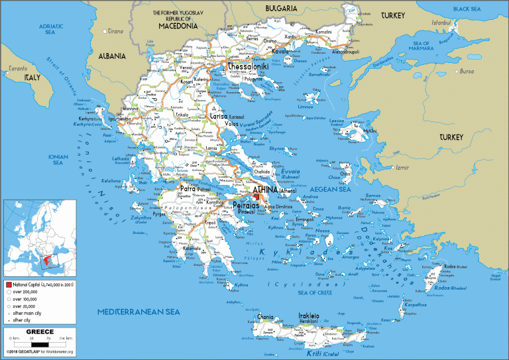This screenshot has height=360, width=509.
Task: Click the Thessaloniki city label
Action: [x=248, y=67]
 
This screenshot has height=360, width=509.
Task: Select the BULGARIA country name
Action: [x=281, y=9]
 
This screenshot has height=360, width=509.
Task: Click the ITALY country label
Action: [x=33, y=78]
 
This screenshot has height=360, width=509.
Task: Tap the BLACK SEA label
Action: [x=467, y=9]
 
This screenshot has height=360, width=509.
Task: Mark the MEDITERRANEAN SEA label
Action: [x=138, y=311]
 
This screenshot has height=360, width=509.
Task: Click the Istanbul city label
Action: [x=441, y=22]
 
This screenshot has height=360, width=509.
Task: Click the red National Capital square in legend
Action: [x=8, y=283]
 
